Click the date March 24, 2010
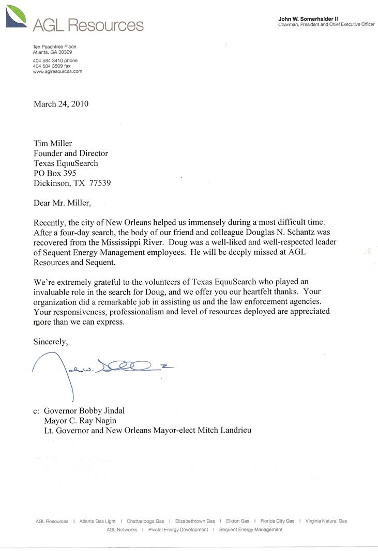pyautogui.click(x=61, y=104)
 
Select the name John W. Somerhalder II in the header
pyautogui.click(x=308, y=19)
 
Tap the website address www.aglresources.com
pyautogui.click(x=57, y=72)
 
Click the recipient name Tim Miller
pyautogui.click(x=53, y=143)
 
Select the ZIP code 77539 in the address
pyautogui.click(x=100, y=183)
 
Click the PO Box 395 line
pyautogui.click(x=55, y=173)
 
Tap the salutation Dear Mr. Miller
pyautogui.click(x=62, y=203)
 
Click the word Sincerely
pyautogui.click(x=51, y=341)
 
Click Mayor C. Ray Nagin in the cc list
pyautogui.click(x=80, y=421)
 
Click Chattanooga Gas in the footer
pyautogui.click(x=145, y=521)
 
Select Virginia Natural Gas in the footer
pyautogui.click(x=326, y=521)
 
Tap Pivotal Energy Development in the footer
pyautogui.click(x=178, y=530)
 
